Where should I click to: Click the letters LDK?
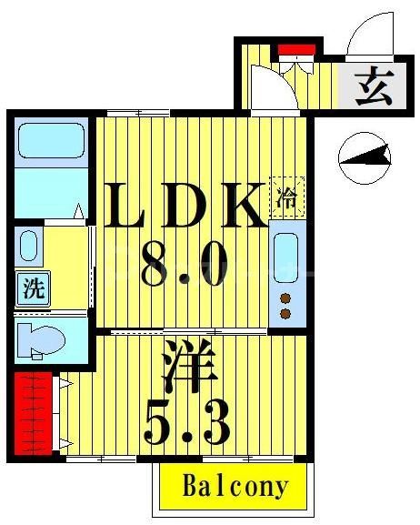pos(186,207)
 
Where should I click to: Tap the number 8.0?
pos(182,268)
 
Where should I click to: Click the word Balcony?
pos(235,486)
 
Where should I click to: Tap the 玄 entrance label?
pos(372,88)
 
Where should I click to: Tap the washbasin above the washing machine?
pos(29,247)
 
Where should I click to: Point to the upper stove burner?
pos(285,298)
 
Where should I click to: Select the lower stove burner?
pos(285,314)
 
